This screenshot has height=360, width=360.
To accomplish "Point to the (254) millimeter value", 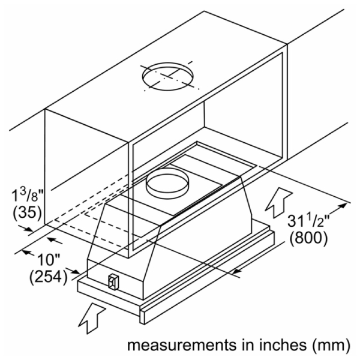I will [x=47, y=278].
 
